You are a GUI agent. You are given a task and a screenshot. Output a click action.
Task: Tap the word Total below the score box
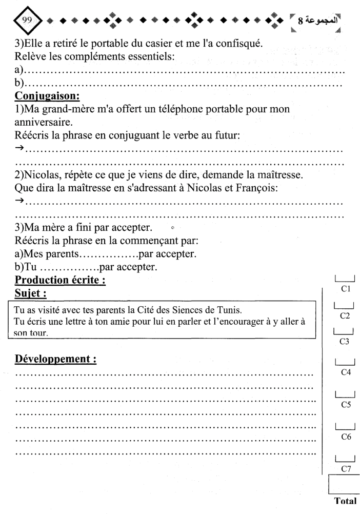[x=345, y=499]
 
